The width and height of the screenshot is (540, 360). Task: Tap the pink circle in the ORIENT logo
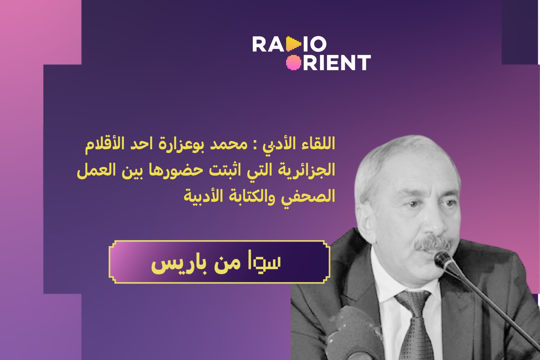coord(294,62)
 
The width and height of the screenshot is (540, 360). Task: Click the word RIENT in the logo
coord(337,62)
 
